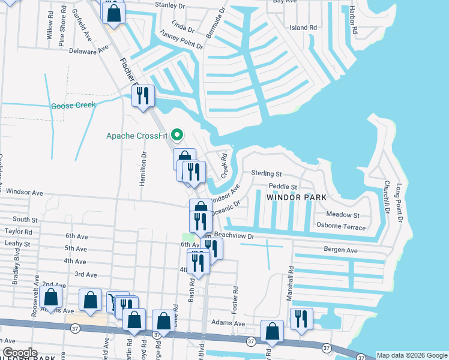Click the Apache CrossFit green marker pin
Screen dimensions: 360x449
pyautogui.click(x=176, y=134)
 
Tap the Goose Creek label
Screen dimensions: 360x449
pyautogui.click(x=73, y=106)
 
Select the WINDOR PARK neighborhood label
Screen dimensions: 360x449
pyautogui.click(x=297, y=197)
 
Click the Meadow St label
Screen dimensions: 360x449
pyautogui.click(x=343, y=215)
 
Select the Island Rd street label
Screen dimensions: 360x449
pyautogui.click(x=303, y=28)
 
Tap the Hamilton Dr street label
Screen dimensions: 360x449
pyautogui.click(x=143, y=169)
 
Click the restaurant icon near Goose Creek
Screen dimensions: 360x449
pyautogui.click(x=143, y=95)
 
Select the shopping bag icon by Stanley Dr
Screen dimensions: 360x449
pyautogui.click(x=114, y=12)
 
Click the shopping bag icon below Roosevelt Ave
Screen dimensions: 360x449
pyautogui.click(x=51, y=298)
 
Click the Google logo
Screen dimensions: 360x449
pyautogui.click(x=19, y=353)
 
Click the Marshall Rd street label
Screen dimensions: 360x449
pyautogui.click(x=290, y=284)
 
